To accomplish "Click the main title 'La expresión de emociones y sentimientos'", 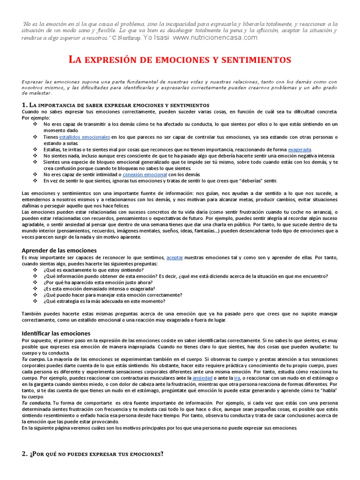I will point(180,60).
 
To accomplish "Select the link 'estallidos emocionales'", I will point(84,137).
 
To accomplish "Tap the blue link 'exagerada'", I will point(300,150).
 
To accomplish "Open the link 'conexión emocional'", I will point(148,174).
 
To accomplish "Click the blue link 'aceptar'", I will point(175,258).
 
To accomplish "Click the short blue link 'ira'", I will point(237,377).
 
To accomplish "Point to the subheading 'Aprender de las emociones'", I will point(59,250).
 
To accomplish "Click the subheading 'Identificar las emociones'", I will point(56,333).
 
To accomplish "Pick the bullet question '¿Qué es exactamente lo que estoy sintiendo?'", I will point(93,270).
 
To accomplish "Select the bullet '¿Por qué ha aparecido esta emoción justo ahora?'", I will point(97,283).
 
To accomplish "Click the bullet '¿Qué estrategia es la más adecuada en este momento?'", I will point(104,301).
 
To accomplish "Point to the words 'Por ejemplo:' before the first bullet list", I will point(36,118).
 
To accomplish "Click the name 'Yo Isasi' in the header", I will point(157,37).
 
